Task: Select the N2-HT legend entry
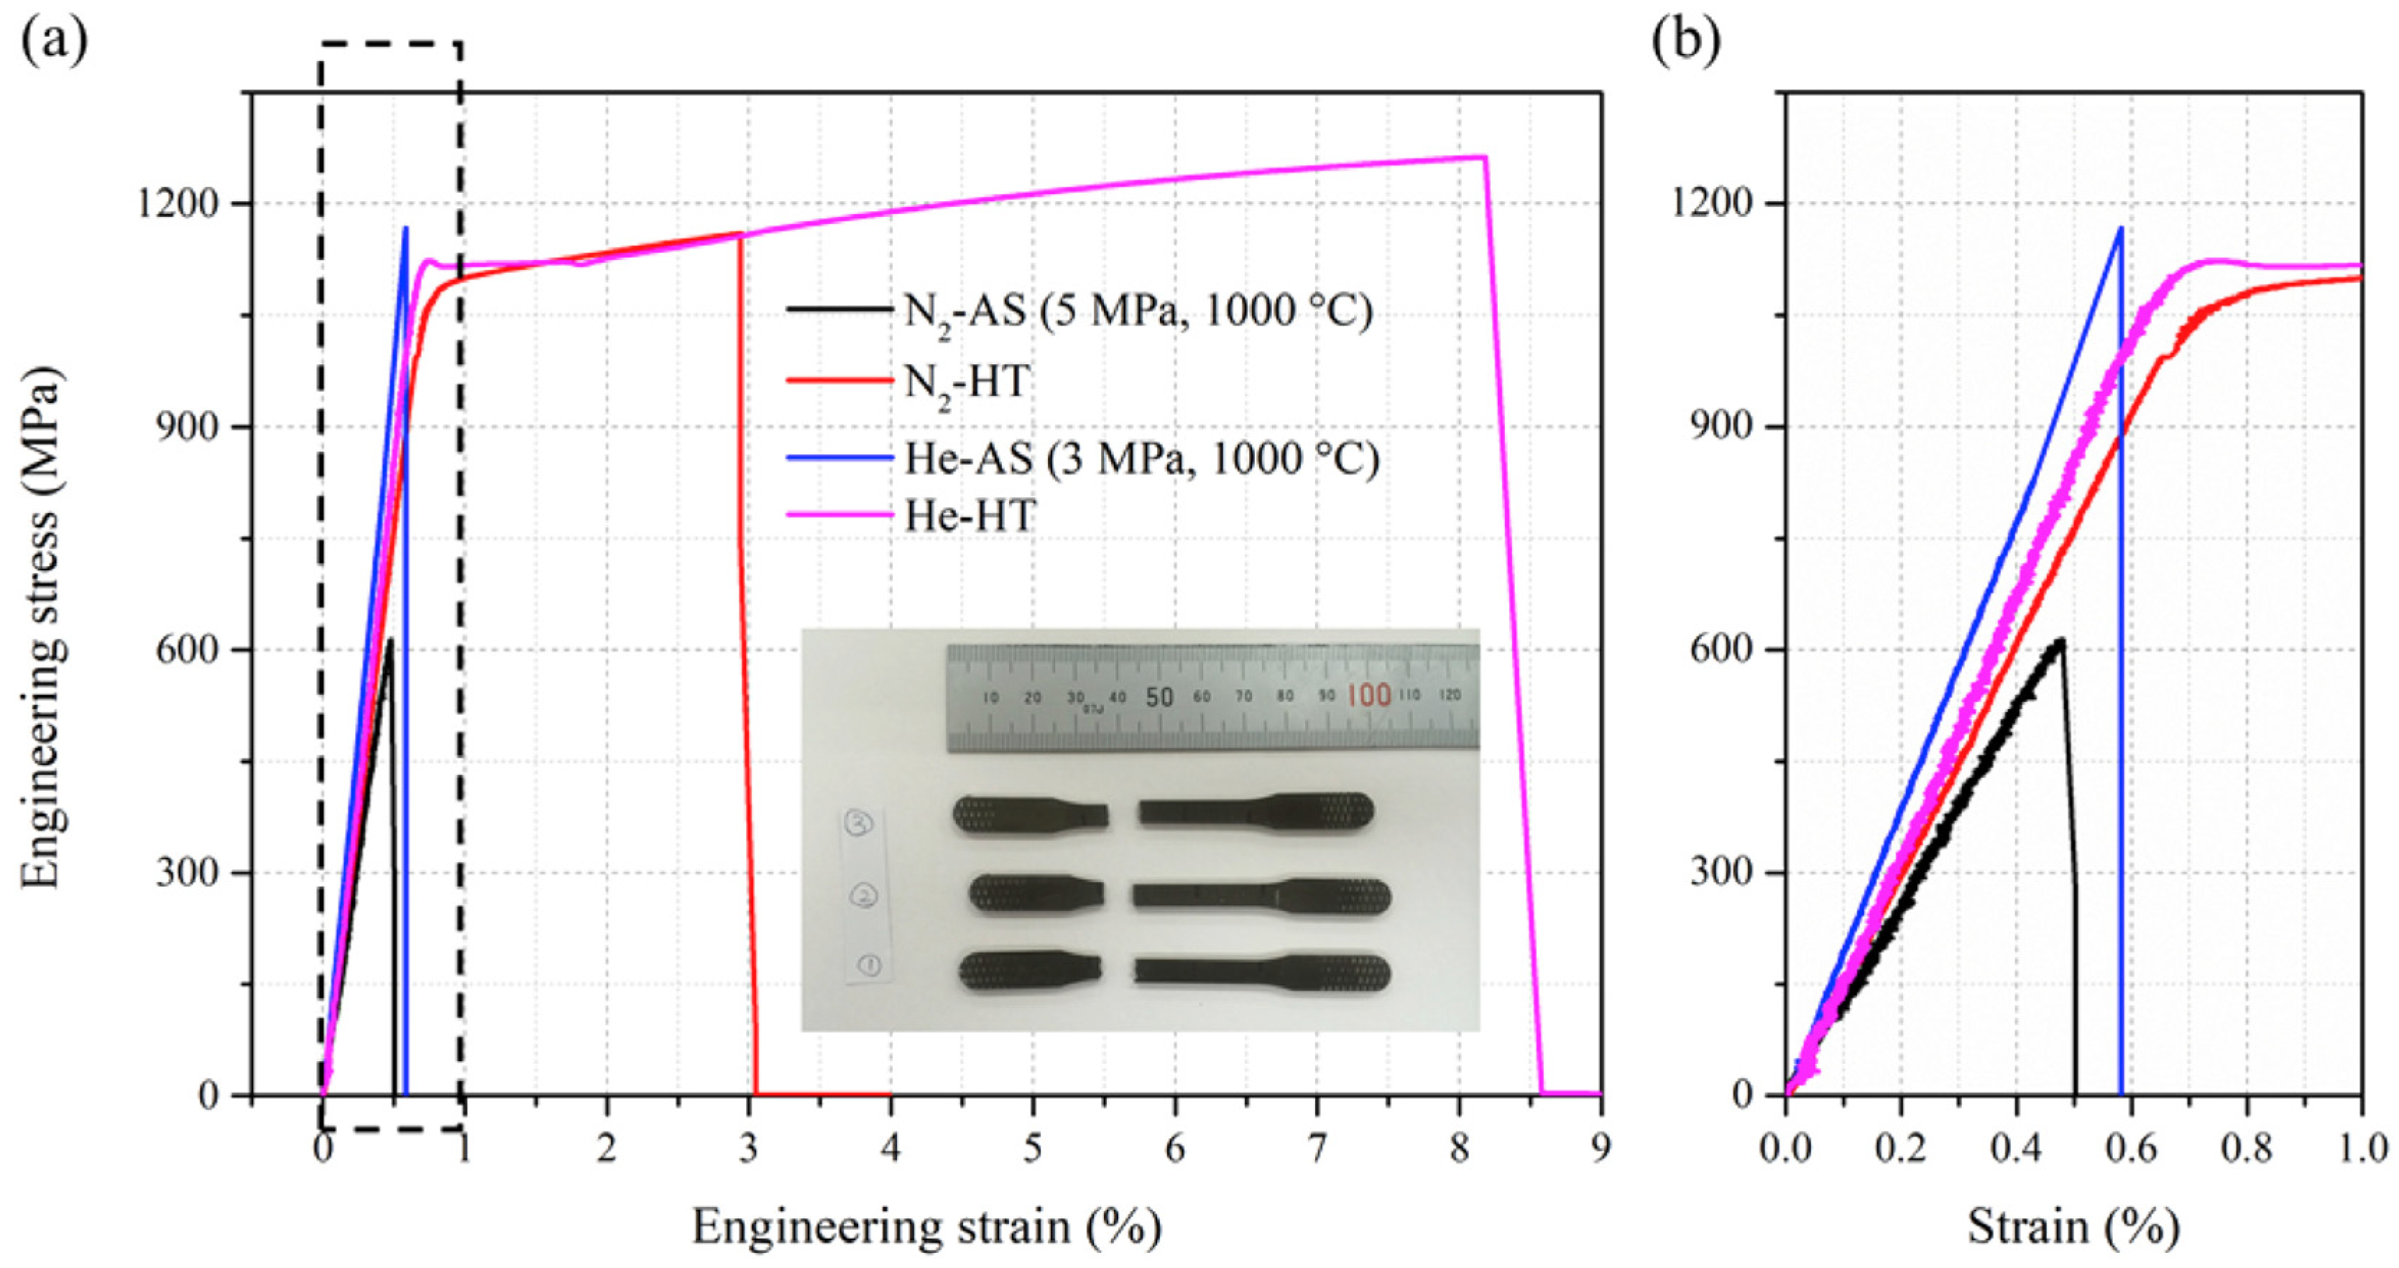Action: coord(967,381)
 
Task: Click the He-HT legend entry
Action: coord(970,515)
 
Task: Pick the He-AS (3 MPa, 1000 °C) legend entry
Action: coord(1141,458)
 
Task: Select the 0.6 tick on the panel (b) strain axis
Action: coord(2131,1149)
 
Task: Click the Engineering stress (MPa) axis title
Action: coord(41,629)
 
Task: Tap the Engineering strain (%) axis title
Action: coord(926,1228)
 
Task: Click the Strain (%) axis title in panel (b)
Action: coord(2073,1228)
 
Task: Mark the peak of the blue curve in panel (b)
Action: coord(2121,228)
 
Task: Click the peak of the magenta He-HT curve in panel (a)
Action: coord(1483,157)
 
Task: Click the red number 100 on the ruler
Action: coord(1368,695)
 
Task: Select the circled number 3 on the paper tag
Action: coord(859,824)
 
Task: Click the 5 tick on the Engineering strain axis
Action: coord(1033,1149)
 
